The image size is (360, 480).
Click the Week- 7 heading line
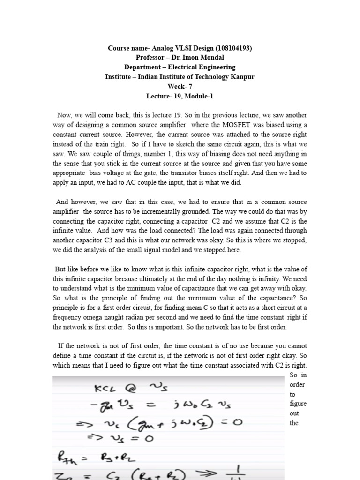pyautogui.click(x=180, y=86)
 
